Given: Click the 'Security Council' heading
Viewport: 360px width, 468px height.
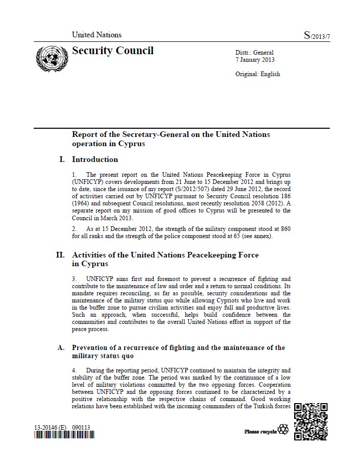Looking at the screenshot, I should (x=113, y=51).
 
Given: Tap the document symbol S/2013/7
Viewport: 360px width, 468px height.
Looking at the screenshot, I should (x=318, y=35).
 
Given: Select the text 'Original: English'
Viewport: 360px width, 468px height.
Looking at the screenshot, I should (x=257, y=74).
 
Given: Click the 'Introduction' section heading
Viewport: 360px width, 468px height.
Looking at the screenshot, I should (x=95, y=159).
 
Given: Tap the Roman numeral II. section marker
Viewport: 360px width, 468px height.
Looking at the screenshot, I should (x=60, y=255).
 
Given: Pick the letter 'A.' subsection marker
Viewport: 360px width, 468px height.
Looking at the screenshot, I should (x=61, y=348).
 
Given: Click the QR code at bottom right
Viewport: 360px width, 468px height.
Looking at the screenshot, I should (x=311, y=422).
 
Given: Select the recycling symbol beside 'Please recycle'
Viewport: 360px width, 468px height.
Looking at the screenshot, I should (x=282, y=430).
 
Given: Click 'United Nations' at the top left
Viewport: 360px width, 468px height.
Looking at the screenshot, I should (x=97, y=35).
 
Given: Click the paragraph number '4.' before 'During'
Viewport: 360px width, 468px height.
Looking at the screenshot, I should (x=75, y=369).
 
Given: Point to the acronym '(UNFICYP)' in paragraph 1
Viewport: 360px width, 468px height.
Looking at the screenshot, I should (x=88, y=181).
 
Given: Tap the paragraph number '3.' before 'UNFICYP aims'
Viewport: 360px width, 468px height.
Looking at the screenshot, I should (x=75, y=279).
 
